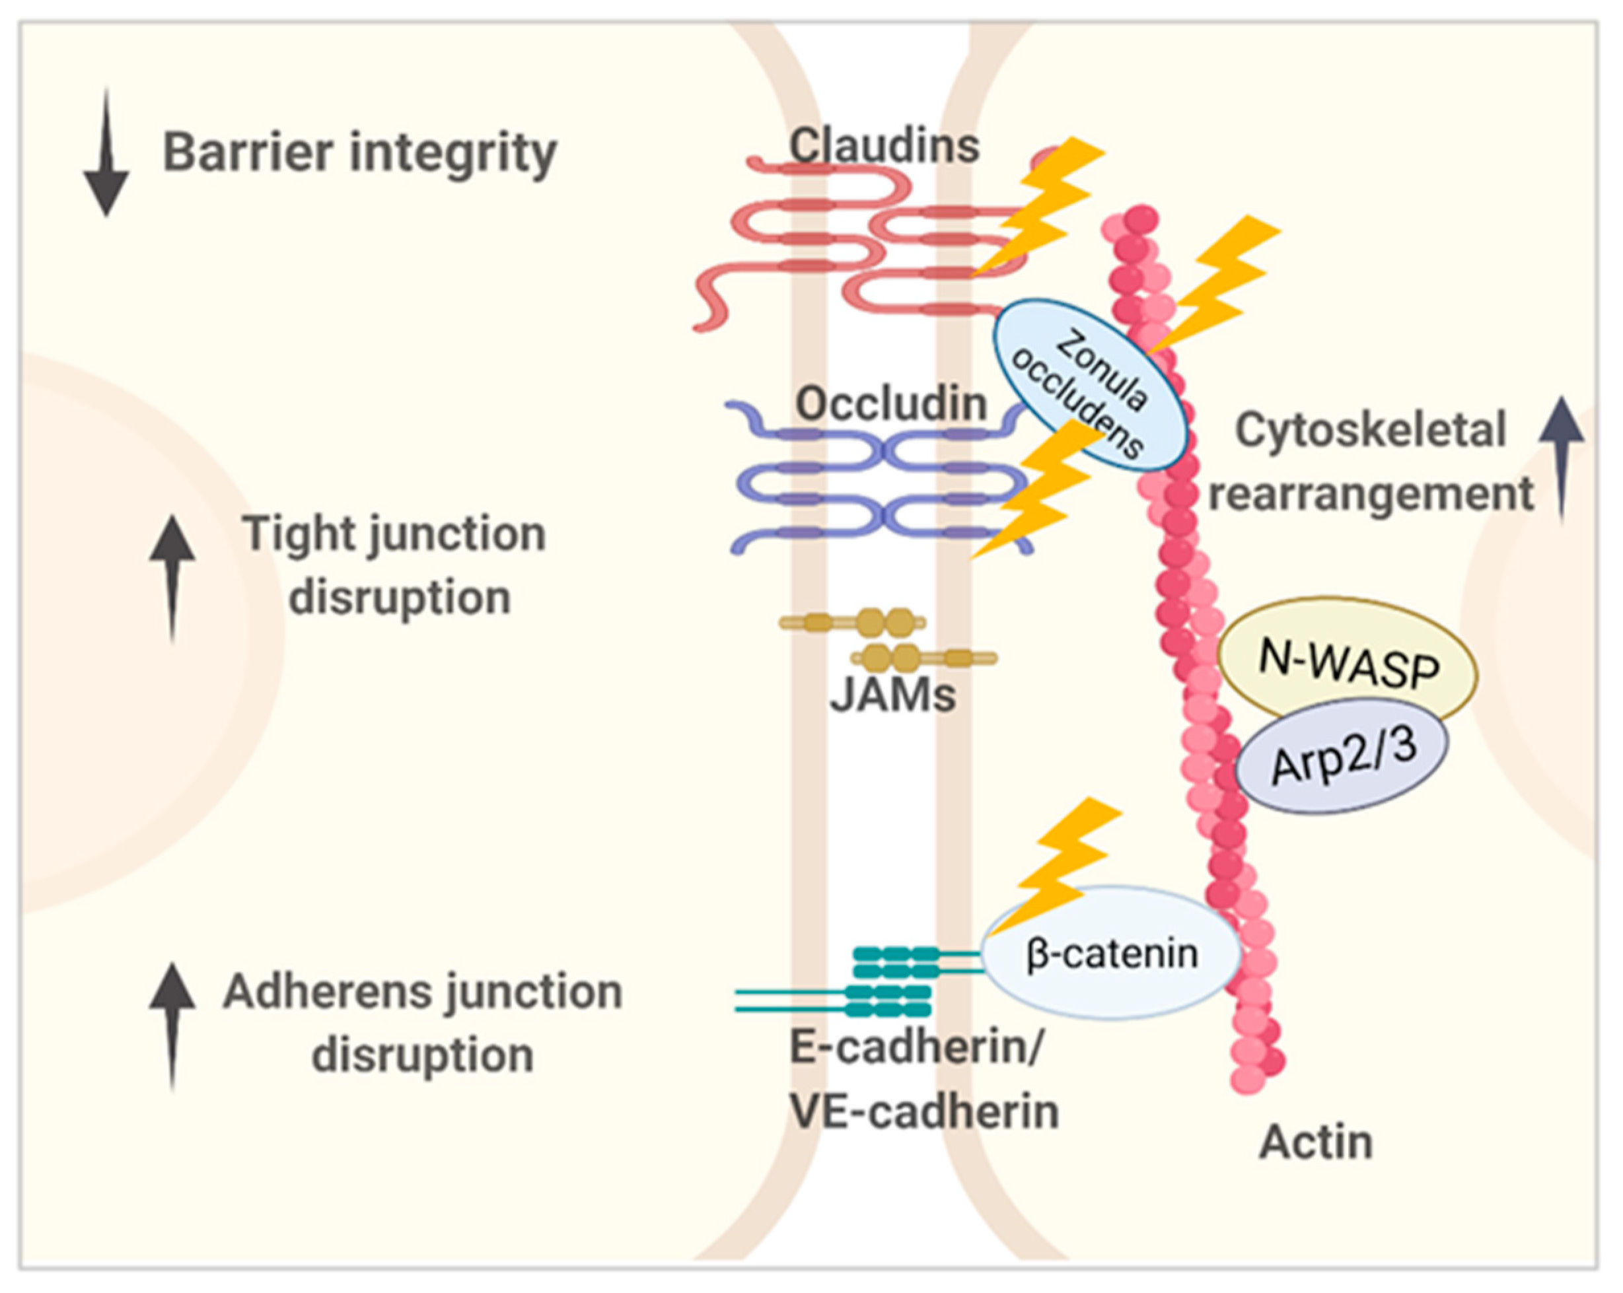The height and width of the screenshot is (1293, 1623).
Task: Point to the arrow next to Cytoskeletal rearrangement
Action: click(x=1562, y=452)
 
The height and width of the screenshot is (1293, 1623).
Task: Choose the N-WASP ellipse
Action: click(x=1348, y=658)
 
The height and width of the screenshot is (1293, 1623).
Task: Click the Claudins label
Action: click(x=884, y=145)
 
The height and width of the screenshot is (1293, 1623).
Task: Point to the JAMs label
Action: click(x=893, y=695)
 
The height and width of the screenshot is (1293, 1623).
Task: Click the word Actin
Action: click(x=1316, y=1142)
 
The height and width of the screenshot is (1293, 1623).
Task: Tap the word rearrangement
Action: click(x=1371, y=495)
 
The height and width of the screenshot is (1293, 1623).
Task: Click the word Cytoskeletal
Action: click(x=1371, y=431)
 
